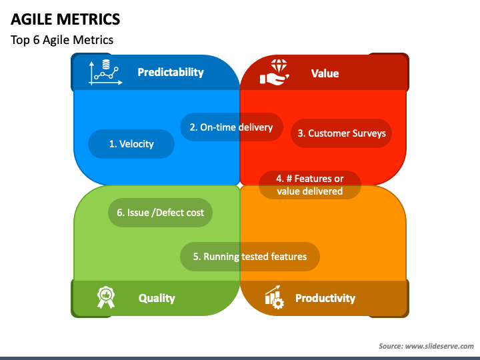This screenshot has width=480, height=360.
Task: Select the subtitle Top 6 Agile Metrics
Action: (x=62, y=40)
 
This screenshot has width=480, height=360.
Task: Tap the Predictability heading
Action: (x=170, y=72)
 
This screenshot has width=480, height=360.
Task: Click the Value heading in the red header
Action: (x=325, y=73)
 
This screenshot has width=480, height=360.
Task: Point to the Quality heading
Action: (x=157, y=298)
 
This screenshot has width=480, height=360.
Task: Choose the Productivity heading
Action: (x=325, y=298)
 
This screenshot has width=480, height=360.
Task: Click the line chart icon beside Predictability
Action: (x=104, y=73)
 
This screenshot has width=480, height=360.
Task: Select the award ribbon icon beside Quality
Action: (x=105, y=297)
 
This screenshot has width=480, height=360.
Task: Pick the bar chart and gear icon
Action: (x=274, y=297)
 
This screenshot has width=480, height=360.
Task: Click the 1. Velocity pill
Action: (x=131, y=143)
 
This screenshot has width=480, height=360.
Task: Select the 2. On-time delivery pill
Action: (x=231, y=127)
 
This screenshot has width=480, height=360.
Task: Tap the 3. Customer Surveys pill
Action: (x=341, y=133)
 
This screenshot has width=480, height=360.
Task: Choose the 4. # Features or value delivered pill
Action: (x=310, y=185)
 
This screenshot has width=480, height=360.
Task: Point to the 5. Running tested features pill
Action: (x=250, y=256)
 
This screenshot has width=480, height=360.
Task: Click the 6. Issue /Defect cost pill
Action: (x=160, y=213)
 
